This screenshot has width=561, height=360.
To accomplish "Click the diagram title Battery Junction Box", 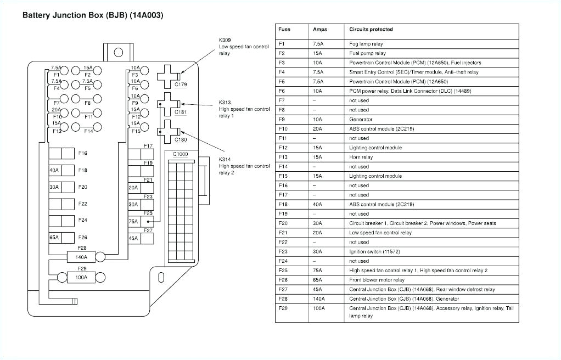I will point(92,15).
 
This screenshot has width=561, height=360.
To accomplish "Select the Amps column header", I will point(319,30).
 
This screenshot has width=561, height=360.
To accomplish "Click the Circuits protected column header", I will point(371,30).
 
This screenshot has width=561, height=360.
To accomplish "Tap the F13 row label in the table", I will point(283,157).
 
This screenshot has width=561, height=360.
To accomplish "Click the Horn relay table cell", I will point(361,157).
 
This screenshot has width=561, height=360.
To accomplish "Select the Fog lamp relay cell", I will point(366,44).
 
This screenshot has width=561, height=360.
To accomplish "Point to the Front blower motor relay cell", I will point(377,280).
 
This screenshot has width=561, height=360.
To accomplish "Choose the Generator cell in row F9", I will point(361,120).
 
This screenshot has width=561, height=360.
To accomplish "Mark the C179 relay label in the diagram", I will point(181,85).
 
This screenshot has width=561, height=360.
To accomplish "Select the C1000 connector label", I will point(180,155).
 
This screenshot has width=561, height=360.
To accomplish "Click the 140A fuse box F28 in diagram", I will point(81,256).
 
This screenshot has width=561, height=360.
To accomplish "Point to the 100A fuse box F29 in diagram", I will point(81,277).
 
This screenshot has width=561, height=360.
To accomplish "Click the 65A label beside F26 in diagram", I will point(54,238).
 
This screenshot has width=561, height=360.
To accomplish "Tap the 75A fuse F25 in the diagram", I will point(133,221).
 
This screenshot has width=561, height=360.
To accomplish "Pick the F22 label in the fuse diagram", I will point(83,204).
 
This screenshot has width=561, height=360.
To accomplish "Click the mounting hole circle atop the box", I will point(118,53).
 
